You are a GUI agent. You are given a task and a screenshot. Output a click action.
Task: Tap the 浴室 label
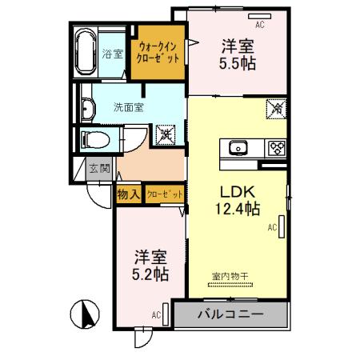click(x=113, y=54)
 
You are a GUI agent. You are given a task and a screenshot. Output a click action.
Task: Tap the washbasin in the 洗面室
click(x=86, y=108)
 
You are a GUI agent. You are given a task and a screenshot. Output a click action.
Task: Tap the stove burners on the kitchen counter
click(x=276, y=147)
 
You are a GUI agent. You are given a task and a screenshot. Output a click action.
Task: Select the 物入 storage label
click(x=129, y=193)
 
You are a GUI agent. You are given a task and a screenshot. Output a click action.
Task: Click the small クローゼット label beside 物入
click(x=165, y=193)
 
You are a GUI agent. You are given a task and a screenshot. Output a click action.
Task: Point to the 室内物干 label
click(x=230, y=276)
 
